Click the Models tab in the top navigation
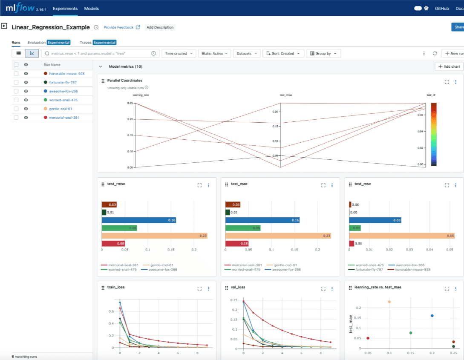click(x=91, y=9)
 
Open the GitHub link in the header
click(x=442, y=9)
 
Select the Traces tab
click(x=85, y=43)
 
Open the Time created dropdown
click(x=179, y=54)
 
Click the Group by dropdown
click(x=323, y=54)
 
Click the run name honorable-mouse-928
click(x=67, y=74)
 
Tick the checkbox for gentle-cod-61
click(x=16, y=109)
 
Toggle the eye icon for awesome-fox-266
click(x=26, y=91)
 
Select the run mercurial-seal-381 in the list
click(x=64, y=118)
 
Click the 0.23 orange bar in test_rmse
click(x=154, y=236)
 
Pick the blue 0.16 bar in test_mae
click(x=262, y=220)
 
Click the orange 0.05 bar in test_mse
click(x=401, y=236)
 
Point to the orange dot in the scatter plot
click(x=389, y=302)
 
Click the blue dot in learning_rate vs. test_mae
click(x=432, y=316)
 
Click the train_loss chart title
click(x=115, y=288)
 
